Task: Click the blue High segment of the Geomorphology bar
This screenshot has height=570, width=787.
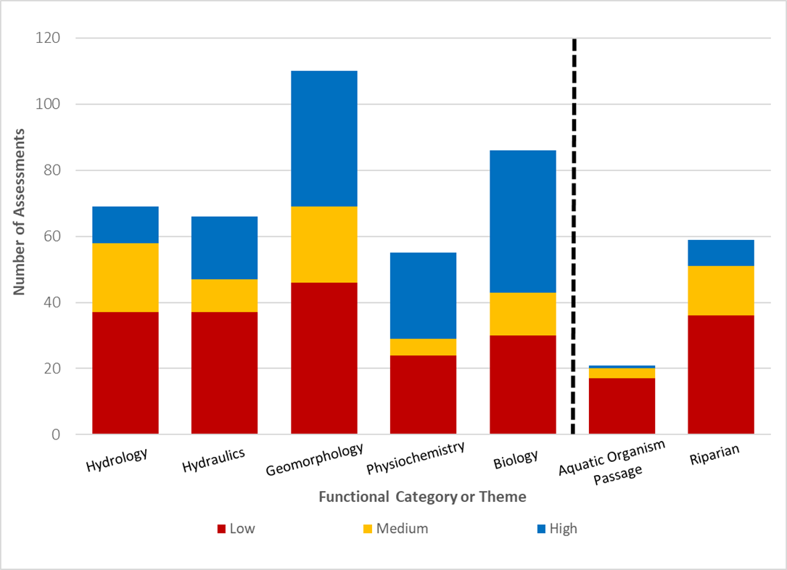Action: (324, 139)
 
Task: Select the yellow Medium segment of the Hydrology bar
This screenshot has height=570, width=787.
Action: (125, 278)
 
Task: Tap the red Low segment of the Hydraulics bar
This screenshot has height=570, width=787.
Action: (224, 373)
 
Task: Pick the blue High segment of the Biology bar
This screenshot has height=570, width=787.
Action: (522, 221)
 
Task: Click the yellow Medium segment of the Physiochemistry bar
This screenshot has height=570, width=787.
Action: (423, 347)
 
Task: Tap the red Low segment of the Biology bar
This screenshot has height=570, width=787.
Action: (522, 384)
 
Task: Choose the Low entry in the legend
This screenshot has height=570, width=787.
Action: (236, 529)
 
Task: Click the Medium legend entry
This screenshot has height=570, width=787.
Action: (395, 529)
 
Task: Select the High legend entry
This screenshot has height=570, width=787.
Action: (556, 529)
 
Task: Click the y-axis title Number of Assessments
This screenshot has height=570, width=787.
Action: (20, 212)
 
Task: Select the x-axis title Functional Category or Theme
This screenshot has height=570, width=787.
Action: (422, 497)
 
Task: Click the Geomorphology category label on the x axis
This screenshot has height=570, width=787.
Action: (314, 459)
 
